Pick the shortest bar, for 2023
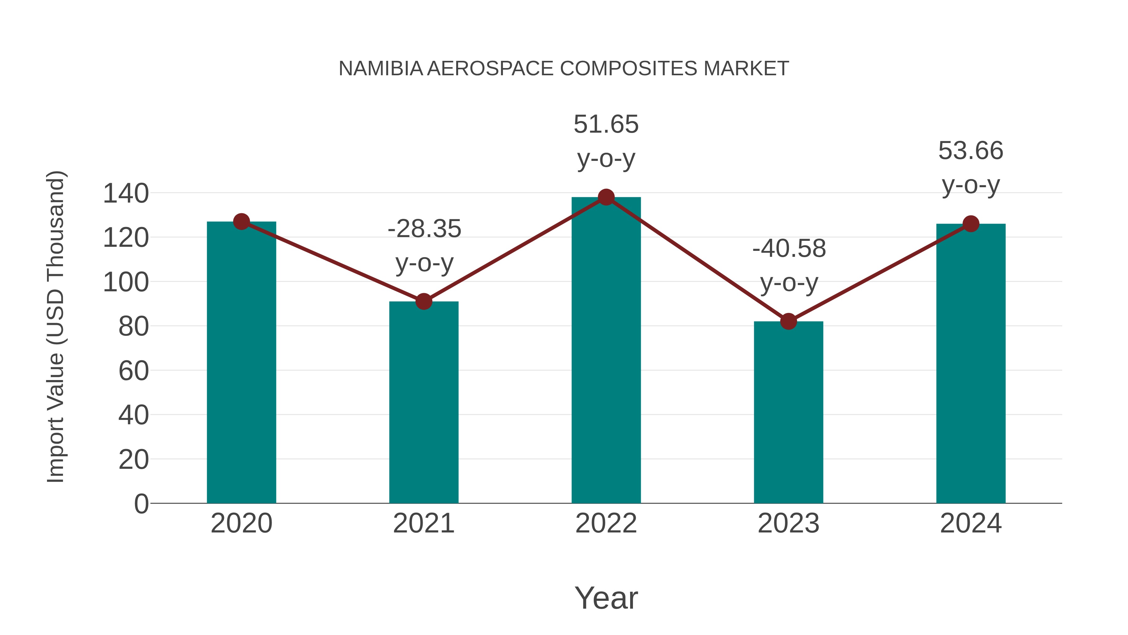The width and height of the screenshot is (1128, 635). pyautogui.click(x=788, y=412)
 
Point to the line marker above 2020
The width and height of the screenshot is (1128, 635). pyautogui.click(x=241, y=221)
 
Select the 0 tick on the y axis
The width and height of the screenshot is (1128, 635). pyautogui.click(x=141, y=504)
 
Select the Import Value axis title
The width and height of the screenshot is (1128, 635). pyautogui.click(x=56, y=326)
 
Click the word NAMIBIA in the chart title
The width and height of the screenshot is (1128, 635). pyautogui.click(x=380, y=69)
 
